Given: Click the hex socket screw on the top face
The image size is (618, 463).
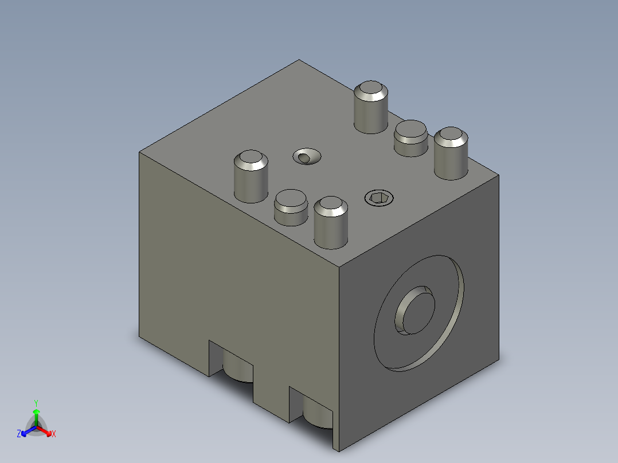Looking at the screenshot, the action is pyautogui.click(x=379, y=198).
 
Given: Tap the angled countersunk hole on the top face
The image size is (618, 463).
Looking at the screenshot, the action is pyautogui.click(x=307, y=156).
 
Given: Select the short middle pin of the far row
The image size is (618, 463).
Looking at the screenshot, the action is pyautogui.click(x=410, y=138).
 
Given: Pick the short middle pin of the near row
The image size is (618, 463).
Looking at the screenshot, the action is pyautogui.click(x=291, y=207).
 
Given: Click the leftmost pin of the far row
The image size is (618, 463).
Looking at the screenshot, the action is pyautogui.click(x=370, y=107).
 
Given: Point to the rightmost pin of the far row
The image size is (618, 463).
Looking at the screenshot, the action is pyautogui.click(x=451, y=153).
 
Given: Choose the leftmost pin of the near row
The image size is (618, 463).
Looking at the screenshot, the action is pyautogui.click(x=251, y=176).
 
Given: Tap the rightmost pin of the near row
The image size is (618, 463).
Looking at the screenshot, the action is pyautogui.click(x=331, y=222).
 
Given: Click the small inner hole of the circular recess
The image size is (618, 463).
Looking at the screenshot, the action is pyautogui.click(x=414, y=311).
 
